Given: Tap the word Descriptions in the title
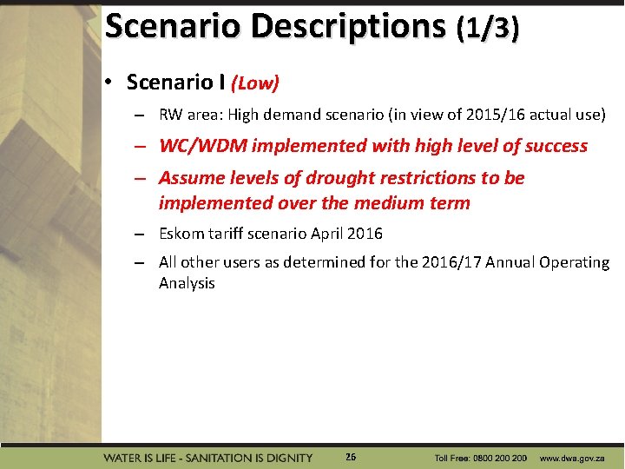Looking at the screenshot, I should point(347,27).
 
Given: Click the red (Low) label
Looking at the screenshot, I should point(254,83).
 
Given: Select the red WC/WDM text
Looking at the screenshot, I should point(207,146).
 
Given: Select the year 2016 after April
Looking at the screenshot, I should point(364,234).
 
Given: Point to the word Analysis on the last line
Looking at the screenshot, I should point(187,283).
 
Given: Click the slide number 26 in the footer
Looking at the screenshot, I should point(350,457).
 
